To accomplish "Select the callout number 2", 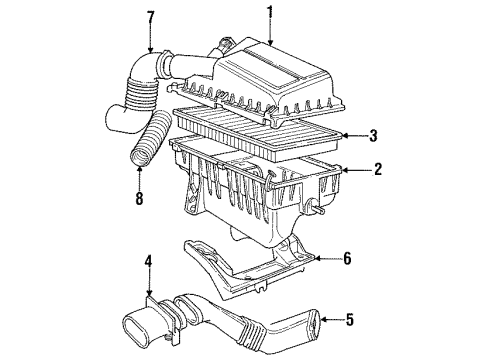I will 378,171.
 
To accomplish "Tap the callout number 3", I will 373,135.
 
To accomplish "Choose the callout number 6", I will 347,259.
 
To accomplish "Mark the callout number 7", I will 150,16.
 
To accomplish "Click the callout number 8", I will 138,199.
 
